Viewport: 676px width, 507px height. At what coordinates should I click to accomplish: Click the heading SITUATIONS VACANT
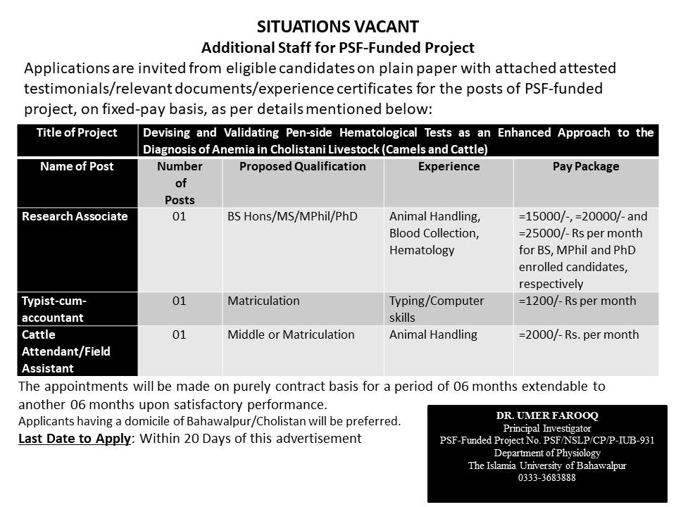pos(338,27)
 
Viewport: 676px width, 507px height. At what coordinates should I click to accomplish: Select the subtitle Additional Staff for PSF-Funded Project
pos(338,48)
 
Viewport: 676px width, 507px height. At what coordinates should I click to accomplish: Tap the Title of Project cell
pos(77,132)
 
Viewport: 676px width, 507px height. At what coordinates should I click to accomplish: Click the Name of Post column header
pos(77,167)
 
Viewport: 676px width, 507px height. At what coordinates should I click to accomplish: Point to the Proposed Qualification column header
pos(303,167)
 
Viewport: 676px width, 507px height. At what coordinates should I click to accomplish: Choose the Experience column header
pos(449,167)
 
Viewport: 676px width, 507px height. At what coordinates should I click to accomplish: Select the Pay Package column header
pos(586,167)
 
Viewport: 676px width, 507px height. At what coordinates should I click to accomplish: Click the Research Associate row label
pos(75,216)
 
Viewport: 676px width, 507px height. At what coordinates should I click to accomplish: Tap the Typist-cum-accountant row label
pos(54,309)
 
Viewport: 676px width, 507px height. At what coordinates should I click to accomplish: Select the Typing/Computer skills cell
pos(437,309)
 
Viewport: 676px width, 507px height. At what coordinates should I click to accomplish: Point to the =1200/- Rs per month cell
pos(577,301)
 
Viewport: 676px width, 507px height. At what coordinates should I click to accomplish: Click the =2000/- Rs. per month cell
pos(579,334)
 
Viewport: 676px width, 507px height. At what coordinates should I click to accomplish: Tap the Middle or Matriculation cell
pos(291,334)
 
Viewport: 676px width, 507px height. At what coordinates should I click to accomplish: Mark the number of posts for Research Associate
pos(180,216)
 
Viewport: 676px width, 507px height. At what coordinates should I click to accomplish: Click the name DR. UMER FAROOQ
pos(547,415)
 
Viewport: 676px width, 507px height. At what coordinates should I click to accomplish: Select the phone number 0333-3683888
pos(547,477)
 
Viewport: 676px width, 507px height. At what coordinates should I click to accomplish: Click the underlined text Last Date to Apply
pos(74,439)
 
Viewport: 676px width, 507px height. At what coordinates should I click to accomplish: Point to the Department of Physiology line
pos(547,453)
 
